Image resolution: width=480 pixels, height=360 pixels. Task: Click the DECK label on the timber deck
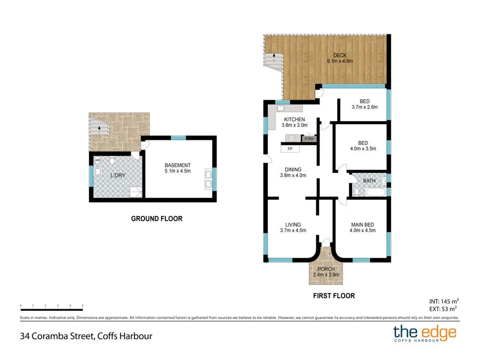339,55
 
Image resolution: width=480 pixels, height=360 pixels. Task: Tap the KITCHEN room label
294,119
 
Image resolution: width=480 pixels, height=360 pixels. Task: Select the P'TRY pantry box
309,139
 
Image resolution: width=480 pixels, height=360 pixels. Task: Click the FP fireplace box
290,149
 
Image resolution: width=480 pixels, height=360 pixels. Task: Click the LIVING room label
293,225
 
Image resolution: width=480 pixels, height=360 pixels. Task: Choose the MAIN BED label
363,225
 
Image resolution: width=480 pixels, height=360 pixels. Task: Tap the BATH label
369,181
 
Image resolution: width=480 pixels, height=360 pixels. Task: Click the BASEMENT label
178,165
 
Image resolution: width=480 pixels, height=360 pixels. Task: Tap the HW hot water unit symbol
98,160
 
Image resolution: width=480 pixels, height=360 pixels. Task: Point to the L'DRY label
118,175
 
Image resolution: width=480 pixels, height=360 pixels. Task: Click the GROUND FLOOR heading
157,219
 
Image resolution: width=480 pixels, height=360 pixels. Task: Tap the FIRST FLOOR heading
333,295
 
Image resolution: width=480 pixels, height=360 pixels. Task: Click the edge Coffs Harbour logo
425,334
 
